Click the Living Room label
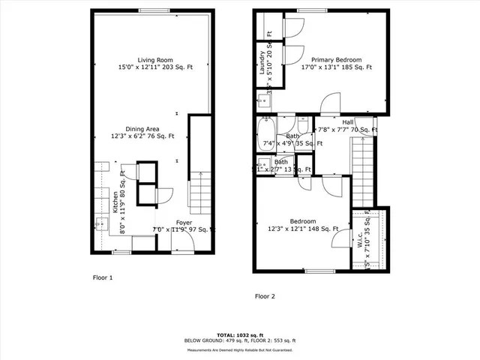click(x=155, y=60)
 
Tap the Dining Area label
click(x=139, y=129)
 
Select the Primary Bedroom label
click(x=337, y=60)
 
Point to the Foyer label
click(x=184, y=223)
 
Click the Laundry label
click(x=262, y=62)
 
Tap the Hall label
click(x=348, y=122)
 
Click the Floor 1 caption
click(x=102, y=277)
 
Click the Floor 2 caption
click(x=265, y=296)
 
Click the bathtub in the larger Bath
click(x=266, y=135)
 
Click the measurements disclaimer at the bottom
click(x=239, y=349)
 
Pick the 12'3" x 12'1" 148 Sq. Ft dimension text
click(x=303, y=229)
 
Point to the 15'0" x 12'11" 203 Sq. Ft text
click(x=155, y=67)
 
